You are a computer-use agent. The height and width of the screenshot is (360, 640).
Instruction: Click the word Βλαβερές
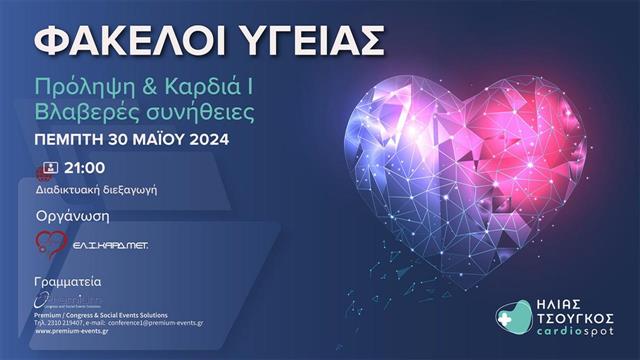point(83,109)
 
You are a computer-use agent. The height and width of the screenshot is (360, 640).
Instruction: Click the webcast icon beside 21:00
point(47,168)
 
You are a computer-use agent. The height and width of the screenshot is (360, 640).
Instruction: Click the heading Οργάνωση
point(71,215)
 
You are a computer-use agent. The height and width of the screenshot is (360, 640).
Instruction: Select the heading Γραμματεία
point(67,281)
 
